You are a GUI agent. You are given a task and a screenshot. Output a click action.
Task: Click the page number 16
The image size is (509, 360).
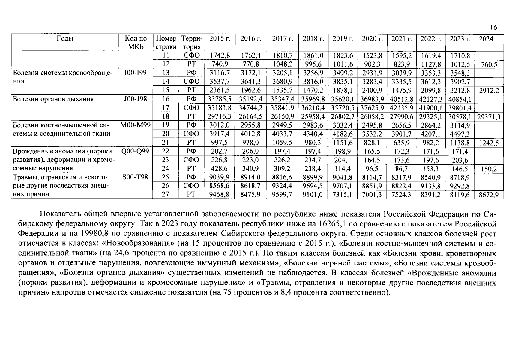(493, 28)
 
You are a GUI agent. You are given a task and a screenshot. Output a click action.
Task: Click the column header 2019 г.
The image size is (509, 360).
(343, 39)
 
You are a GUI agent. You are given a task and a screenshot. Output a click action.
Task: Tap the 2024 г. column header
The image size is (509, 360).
(489, 39)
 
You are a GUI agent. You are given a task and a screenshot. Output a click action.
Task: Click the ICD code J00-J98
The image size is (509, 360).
(136, 99)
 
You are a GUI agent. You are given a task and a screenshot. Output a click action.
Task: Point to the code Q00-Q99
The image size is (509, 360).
(135, 151)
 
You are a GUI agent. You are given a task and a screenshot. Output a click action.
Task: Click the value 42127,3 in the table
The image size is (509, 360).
(431, 99)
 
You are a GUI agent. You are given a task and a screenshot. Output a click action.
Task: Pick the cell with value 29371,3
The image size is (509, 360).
(489, 116)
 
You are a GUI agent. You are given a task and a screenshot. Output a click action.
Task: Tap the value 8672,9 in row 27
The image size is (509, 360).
(489, 195)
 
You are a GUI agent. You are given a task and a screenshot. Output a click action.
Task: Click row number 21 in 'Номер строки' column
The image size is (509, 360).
(166, 142)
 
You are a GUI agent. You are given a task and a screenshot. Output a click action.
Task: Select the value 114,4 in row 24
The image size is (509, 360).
(343, 169)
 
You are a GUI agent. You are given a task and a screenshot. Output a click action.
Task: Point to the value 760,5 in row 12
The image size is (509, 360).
(489, 64)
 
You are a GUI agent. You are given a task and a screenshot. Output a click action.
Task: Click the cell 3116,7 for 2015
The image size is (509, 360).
(220, 73)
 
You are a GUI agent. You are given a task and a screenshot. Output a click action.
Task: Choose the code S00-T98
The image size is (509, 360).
(135, 177)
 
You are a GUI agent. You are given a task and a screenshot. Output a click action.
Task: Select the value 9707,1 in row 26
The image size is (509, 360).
(343, 186)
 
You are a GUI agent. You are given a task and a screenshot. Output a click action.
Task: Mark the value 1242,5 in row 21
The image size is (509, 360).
(489, 143)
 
